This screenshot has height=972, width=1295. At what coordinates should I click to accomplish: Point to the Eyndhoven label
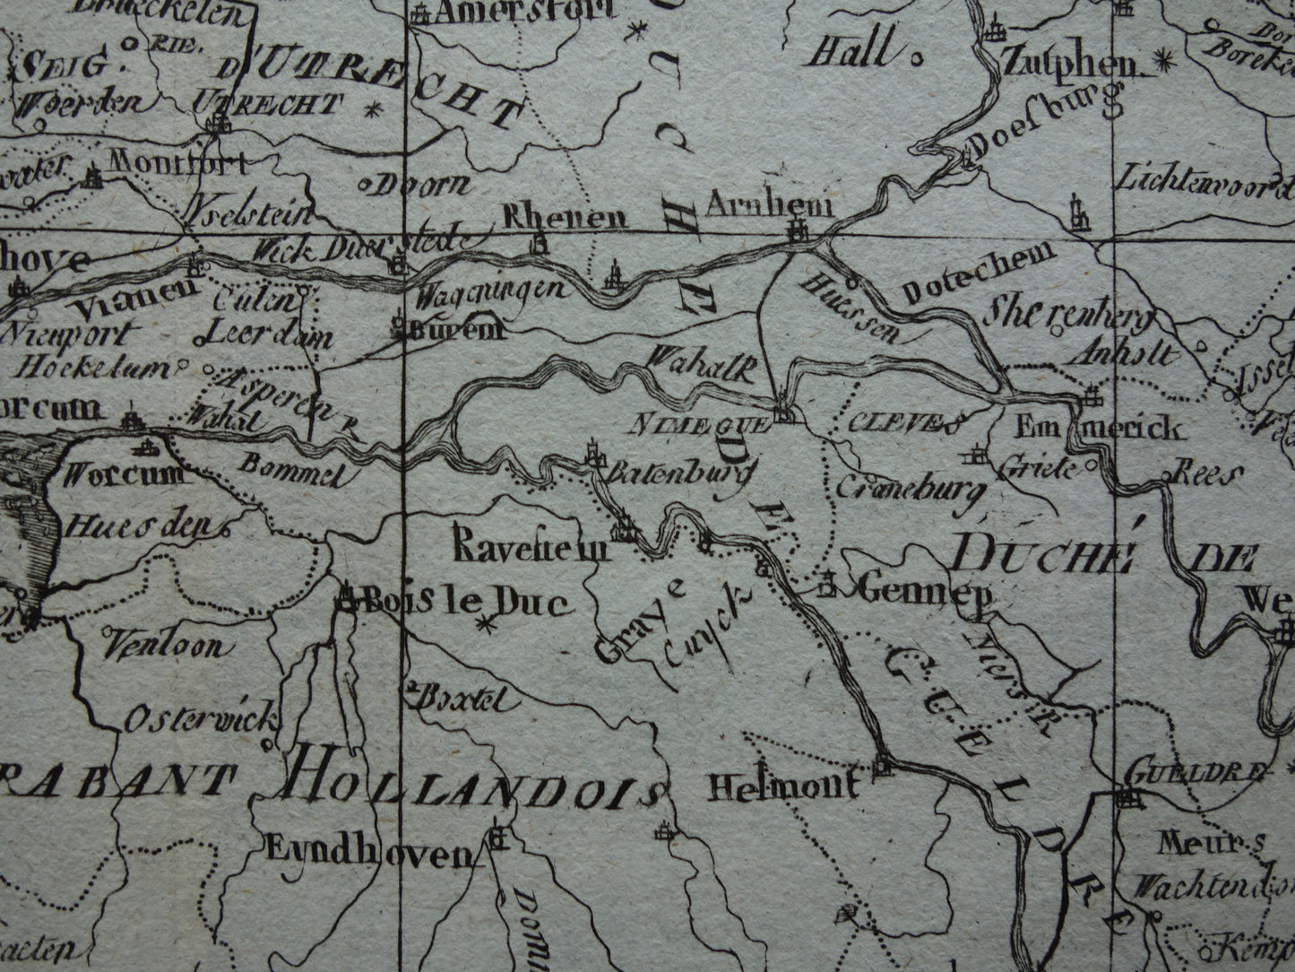368,855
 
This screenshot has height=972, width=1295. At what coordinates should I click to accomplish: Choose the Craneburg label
911,487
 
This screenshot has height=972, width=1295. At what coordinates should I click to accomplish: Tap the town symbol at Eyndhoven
497,839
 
